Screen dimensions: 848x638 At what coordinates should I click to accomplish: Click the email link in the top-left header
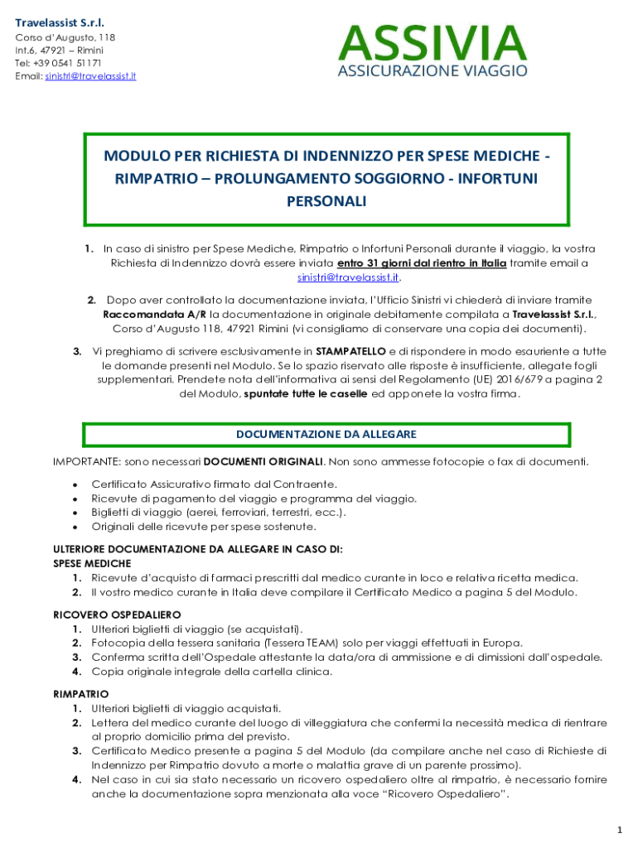coord(91,76)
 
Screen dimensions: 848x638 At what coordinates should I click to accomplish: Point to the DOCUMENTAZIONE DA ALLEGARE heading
coord(326,434)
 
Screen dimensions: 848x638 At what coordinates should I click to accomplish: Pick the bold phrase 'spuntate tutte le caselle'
coord(307,393)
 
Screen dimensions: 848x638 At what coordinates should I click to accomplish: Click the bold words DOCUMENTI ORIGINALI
coord(263,461)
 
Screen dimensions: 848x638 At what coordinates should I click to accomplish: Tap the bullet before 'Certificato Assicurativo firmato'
coord(75,484)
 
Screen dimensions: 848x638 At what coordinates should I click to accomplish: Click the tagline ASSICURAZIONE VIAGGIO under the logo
coord(432,71)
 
